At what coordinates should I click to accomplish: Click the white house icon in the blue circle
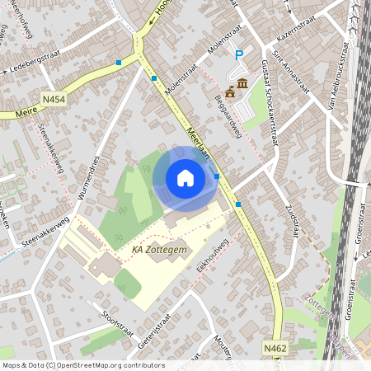(x=185, y=178)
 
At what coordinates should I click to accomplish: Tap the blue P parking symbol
(x=240, y=55)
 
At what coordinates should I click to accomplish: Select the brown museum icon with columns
(x=243, y=84)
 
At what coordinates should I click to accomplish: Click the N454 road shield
(x=53, y=100)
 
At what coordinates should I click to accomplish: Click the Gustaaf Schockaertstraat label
(x=270, y=102)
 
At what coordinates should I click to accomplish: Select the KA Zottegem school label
(x=159, y=248)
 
